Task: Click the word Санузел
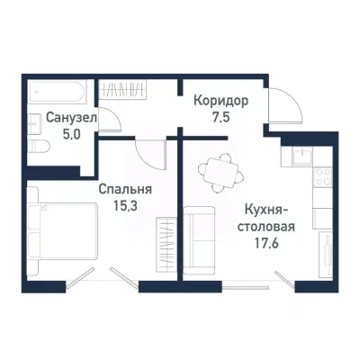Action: pos(58,116)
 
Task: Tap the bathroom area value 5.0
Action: pos(58,133)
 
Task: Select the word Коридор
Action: pos(220,100)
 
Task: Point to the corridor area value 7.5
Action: pos(220,116)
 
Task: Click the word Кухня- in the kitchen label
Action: pos(265,210)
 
